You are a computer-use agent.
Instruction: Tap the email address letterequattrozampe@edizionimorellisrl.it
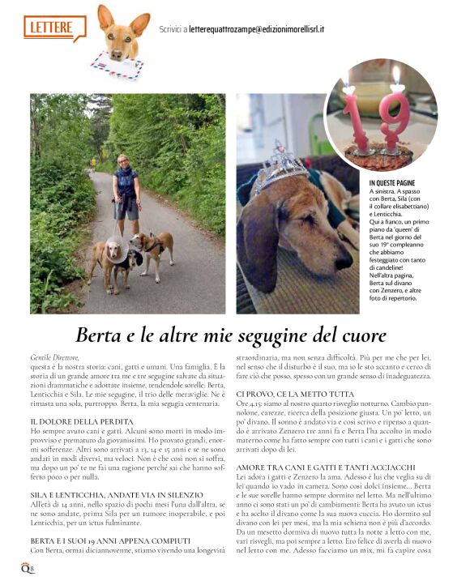[254, 29]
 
